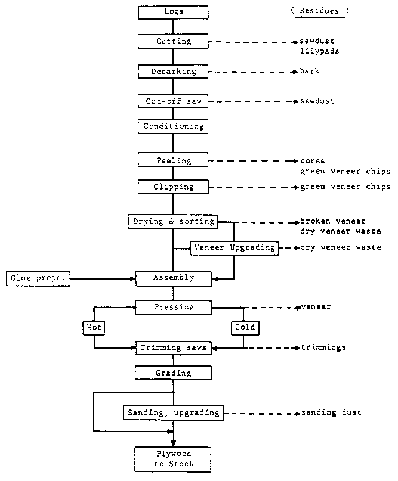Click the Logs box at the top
(173, 12)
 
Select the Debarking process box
(173, 72)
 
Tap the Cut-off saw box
(173, 101)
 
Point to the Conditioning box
(173, 126)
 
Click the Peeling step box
(173, 160)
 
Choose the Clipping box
(173, 187)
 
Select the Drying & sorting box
(172, 222)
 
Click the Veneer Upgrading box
(235, 247)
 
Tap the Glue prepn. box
(38, 278)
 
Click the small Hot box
(94, 327)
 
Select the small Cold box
(243, 327)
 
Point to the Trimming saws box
(173, 347)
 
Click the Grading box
(173, 373)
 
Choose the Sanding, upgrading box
(173, 412)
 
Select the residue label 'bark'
(310, 72)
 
